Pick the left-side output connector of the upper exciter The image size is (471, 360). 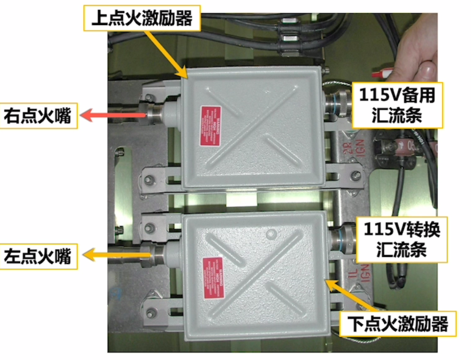click(155, 113)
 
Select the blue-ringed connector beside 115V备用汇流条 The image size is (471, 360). click(336, 103)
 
